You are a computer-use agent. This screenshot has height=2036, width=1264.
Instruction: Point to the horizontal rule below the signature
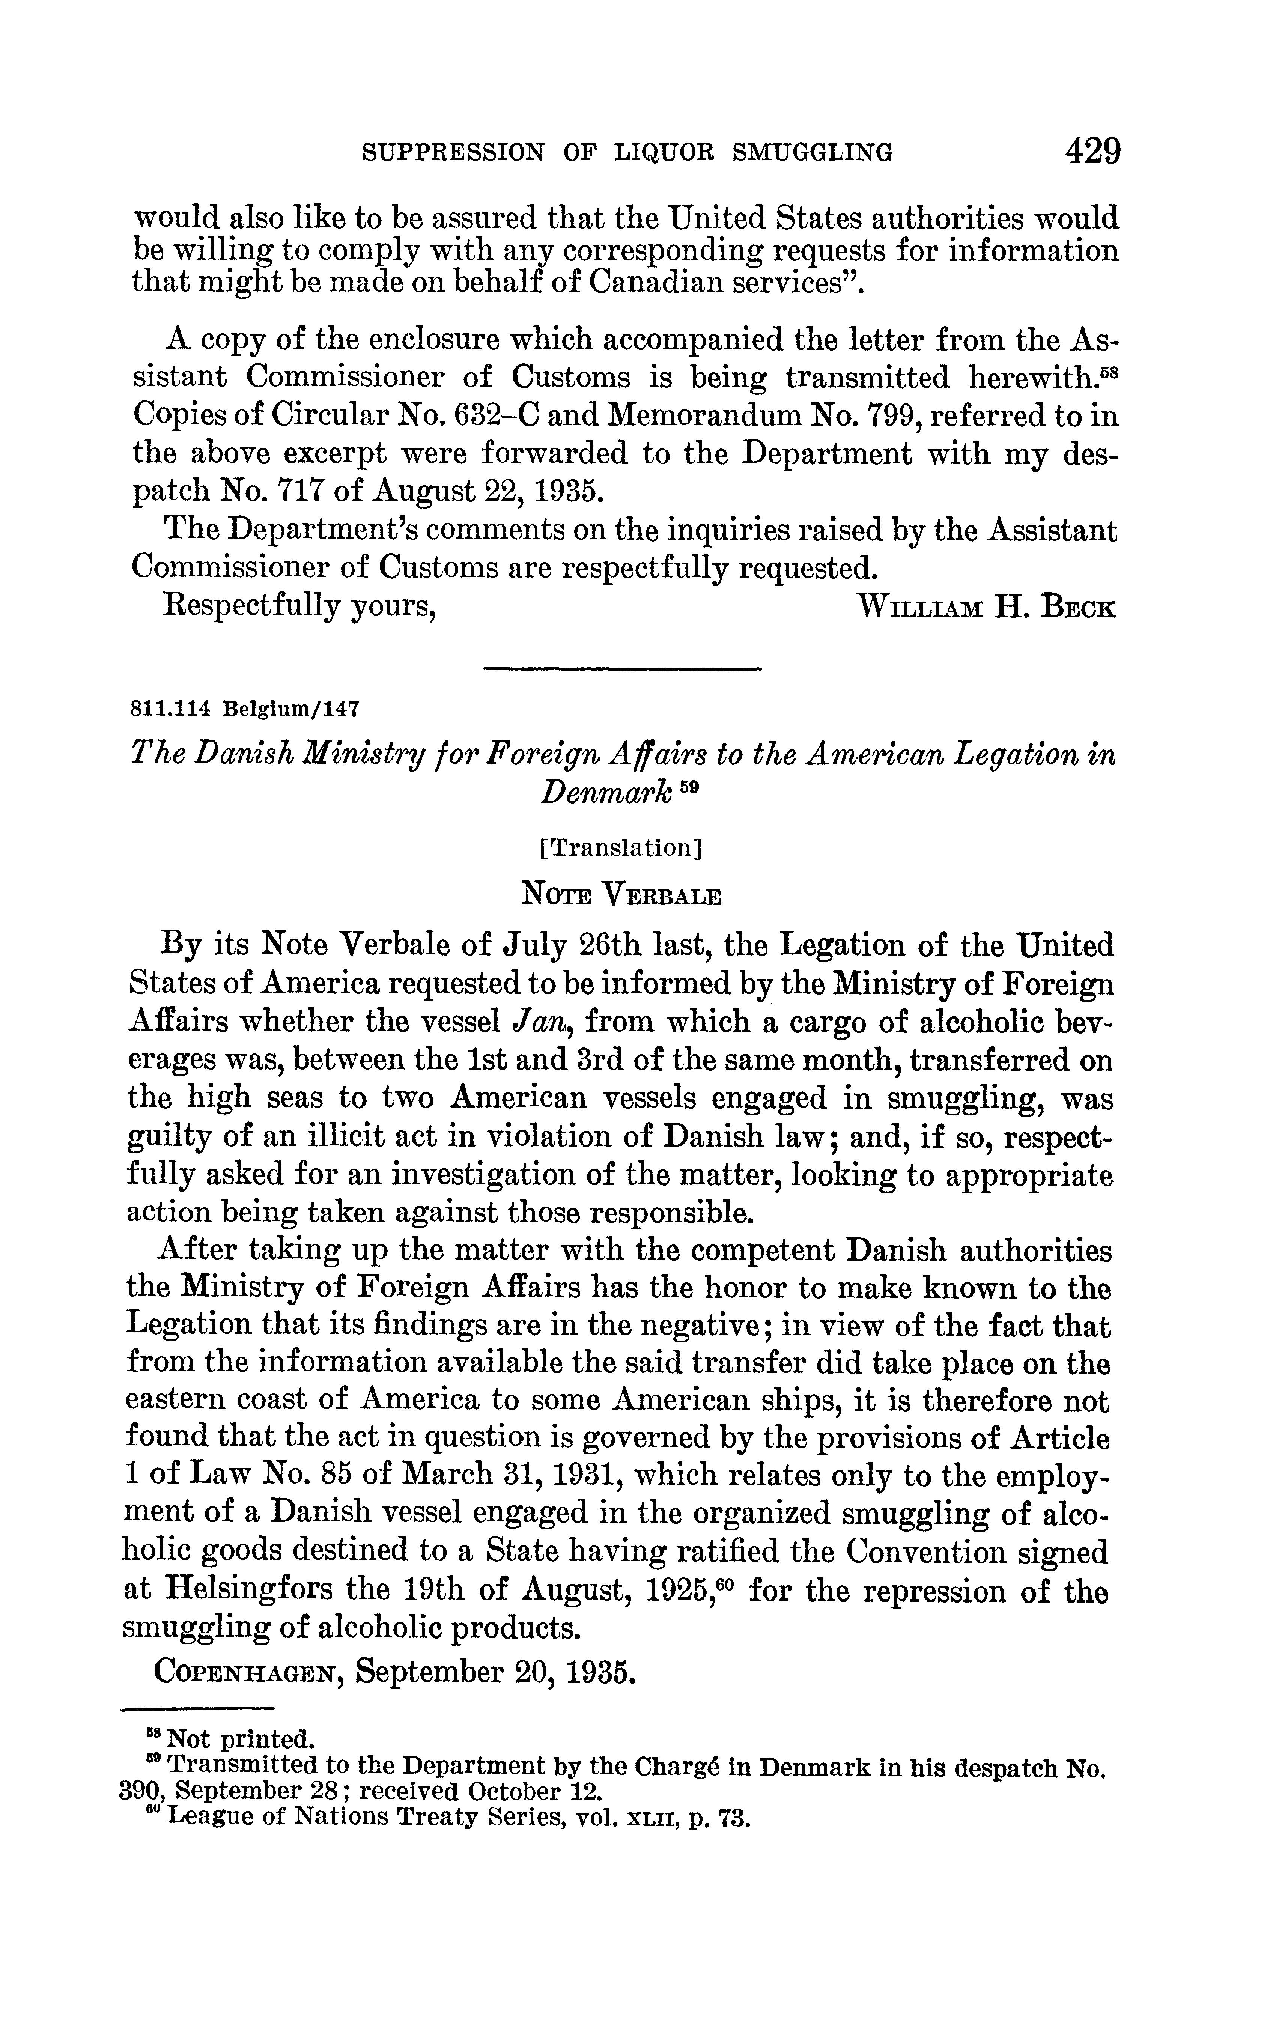pos(622,669)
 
